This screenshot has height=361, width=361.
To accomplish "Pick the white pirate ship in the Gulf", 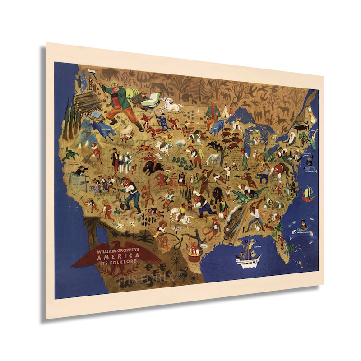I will click(x=248, y=257).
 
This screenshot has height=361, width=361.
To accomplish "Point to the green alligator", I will click(x=246, y=194).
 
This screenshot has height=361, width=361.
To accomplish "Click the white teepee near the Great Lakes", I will click(x=224, y=110).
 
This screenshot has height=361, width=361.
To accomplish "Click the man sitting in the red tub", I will click(x=195, y=250).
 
